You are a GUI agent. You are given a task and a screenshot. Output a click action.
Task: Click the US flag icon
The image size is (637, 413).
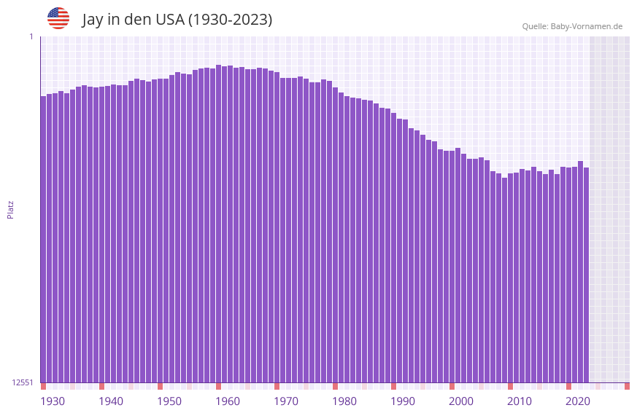point(58,18)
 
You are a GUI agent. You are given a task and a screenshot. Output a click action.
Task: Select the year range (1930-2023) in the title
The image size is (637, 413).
point(230,20)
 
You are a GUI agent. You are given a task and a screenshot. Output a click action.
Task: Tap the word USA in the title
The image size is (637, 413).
point(169,20)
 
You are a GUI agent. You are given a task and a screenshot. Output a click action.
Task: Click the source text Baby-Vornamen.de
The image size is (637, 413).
point(586,26)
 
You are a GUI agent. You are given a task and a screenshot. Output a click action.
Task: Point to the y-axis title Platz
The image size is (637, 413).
point(10,209)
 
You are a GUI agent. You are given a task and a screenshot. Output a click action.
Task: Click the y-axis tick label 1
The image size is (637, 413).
point(31,36)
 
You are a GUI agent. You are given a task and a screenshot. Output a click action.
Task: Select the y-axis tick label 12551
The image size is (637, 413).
point(23,382)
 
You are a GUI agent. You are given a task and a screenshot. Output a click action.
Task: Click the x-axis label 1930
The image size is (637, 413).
point(53,401)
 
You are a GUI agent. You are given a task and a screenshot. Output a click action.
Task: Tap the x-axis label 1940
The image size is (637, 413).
point(111,401)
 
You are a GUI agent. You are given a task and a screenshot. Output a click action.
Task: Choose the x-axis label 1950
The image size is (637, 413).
point(169,401)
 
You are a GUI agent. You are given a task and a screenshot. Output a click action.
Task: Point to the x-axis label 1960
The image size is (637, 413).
point(228,401)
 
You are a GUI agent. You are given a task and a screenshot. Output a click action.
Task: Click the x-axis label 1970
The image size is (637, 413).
point(286,401)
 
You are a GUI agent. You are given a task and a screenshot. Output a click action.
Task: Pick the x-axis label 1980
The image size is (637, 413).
point(344,401)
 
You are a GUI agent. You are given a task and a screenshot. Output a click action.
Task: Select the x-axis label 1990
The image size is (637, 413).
point(403,401)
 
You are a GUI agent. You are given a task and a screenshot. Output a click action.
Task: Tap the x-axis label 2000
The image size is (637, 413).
point(461,401)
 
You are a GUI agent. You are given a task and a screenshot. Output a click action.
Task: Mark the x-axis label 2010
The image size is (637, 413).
point(520,401)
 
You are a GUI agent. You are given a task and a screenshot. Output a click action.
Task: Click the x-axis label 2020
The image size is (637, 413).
point(578,401)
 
